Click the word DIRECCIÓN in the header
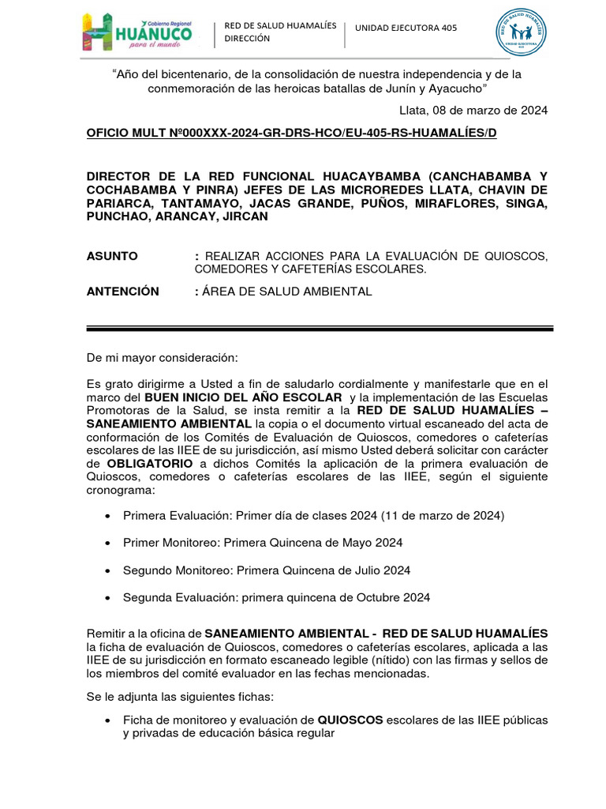point(247,39)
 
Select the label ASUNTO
point(111,256)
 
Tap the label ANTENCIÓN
point(122,292)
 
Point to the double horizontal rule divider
point(320,327)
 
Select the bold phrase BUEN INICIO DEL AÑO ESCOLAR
point(244,397)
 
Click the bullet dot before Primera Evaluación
point(107,516)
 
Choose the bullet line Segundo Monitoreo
point(267,570)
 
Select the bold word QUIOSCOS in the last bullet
point(350,720)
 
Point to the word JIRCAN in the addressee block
point(245,216)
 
